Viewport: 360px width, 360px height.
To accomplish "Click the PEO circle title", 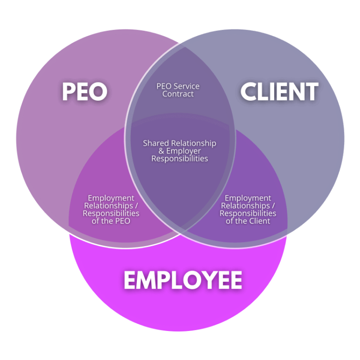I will [x=84, y=92].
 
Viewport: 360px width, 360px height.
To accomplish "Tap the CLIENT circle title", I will [x=279, y=92].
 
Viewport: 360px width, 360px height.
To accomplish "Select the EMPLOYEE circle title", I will [x=183, y=280].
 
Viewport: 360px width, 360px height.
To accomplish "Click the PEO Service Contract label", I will [x=178, y=90].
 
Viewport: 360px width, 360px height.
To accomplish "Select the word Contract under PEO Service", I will [x=178, y=94].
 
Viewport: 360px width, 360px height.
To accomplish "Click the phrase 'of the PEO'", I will [x=111, y=221].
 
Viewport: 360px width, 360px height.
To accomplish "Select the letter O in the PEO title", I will [x=98, y=92].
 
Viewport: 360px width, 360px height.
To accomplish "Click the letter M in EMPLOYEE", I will [x=149, y=280].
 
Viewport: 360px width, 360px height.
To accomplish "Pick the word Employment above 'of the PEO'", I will [x=111, y=198].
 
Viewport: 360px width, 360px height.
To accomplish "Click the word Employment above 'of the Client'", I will [x=247, y=198].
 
